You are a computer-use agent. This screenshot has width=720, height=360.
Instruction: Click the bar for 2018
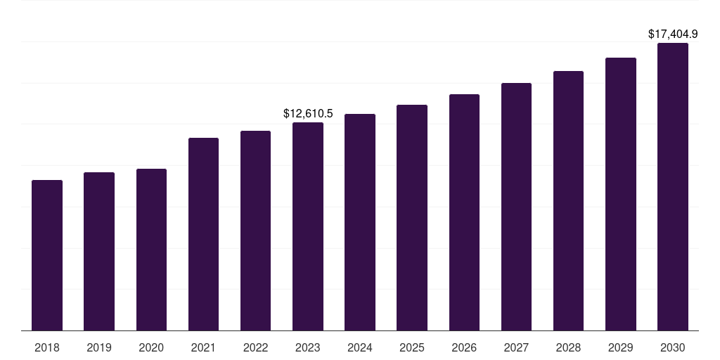click(47, 255)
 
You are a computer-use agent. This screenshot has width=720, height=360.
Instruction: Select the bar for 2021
click(203, 234)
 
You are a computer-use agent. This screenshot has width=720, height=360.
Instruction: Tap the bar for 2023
click(308, 226)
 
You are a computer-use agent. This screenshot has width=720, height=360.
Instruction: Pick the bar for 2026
click(464, 212)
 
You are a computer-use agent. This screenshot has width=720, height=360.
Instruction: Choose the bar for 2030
click(673, 186)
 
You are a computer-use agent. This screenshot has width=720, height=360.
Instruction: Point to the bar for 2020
click(151, 250)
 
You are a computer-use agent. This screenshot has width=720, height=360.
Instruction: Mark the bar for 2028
click(568, 200)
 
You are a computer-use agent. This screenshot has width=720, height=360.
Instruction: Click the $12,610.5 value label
click(308, 113)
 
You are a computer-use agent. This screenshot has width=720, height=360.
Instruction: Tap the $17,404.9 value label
click(673, 34)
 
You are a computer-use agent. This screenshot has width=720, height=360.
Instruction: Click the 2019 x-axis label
click(99, 347)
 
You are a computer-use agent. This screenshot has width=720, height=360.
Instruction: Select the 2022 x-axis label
click(255, 347)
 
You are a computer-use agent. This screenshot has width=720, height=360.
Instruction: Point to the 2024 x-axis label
click(360, 347)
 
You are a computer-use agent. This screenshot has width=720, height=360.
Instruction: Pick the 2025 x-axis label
click(412, 347)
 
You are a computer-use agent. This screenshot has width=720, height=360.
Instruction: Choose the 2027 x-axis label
click(516, 347)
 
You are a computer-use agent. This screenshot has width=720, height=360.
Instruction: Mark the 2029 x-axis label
click(620, 347)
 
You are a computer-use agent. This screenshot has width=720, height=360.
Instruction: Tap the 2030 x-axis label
click(673, 347)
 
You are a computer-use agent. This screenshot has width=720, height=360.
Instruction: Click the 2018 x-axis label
click(47, 347)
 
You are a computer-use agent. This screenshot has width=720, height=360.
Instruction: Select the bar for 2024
click(360, 222)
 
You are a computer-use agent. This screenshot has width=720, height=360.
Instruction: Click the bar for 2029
click(620, 194)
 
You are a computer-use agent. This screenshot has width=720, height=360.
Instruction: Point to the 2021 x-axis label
click(203, 347)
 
